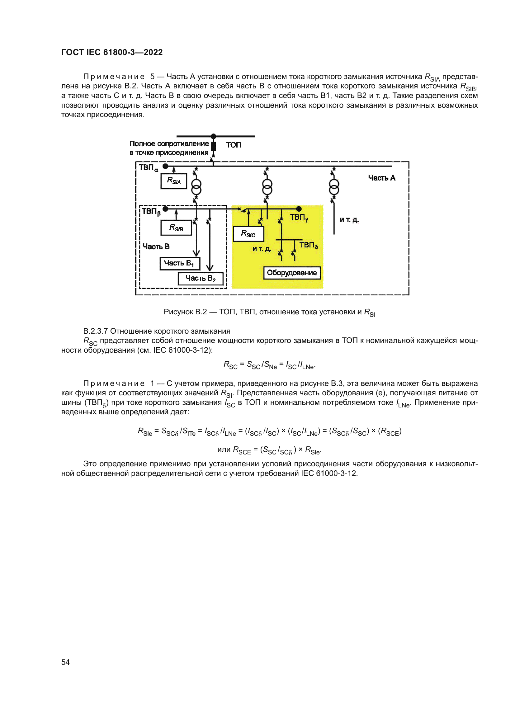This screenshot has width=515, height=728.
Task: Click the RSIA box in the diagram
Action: [x=173, y=181]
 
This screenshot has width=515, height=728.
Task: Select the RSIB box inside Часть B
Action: [x=176, y=228]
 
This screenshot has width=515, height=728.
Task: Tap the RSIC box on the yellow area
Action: [x=248, y=234]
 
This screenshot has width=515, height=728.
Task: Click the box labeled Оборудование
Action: [x=292, y=273]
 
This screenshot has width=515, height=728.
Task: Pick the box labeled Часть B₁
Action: [x=179, y=264]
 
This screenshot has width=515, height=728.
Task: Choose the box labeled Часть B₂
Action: [x=201, y=279]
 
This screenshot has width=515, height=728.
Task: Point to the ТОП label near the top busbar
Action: [x=234, y=145]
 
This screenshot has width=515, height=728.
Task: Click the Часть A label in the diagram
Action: [x=381, y=178]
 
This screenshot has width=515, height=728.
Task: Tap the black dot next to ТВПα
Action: [x=165, y=166]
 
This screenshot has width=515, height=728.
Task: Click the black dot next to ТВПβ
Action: [x=165, y=209]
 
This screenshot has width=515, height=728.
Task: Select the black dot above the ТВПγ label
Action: [x=299, y=209]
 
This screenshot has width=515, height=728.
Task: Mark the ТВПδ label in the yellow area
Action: [x=308, y=245]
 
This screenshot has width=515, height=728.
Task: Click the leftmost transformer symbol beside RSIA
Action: [x=196, y=187]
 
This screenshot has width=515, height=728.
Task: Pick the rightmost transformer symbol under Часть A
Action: [x=334, y=187]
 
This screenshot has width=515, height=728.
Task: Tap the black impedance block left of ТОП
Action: [x=213, y=146]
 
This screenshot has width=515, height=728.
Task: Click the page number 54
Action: [x=65, y=662]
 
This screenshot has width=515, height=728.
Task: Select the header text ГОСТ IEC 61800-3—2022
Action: [x=112, y=52]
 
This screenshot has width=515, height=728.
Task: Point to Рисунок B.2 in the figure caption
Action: [x=185, y=312]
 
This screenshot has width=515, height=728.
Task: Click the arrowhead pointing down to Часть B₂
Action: [x=210, y=268]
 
